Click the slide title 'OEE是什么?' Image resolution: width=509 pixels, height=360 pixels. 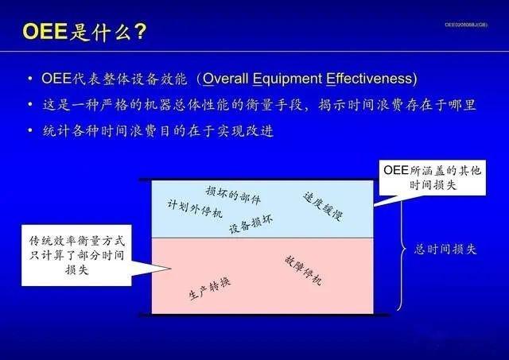pos(84,32)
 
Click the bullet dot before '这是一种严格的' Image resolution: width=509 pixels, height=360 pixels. pos(29,105)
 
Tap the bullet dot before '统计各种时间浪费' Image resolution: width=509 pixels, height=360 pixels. pos(29,130)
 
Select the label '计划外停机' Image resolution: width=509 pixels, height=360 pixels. pos(195,208)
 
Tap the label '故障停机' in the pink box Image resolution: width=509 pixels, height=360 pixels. pos(302,271)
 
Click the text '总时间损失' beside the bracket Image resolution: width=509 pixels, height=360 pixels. pos(446,248)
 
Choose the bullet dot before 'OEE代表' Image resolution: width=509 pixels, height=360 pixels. pos(29,79)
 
